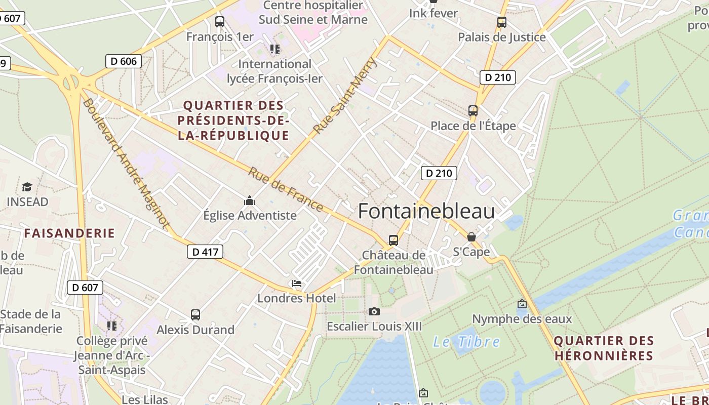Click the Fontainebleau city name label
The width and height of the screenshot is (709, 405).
coord(426,211)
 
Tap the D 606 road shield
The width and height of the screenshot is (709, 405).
coord(124,62)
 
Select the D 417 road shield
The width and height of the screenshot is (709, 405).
coord(205,252)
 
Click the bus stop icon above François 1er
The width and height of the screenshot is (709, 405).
coord(220,22)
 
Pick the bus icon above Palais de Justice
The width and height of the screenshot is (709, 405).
coord(502,22)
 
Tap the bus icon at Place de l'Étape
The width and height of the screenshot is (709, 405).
coord(473,111)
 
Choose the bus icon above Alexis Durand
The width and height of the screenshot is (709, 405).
coord(195,315)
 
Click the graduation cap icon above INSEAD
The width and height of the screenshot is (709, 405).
coord(27,187)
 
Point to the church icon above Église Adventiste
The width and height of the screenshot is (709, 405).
coord(250,201)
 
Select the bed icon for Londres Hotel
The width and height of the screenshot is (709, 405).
coord(297,283)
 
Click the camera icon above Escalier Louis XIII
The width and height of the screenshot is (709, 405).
coord(374,311)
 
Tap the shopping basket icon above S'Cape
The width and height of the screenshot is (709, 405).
coord(471,237)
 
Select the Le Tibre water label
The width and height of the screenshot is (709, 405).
coord(466,342)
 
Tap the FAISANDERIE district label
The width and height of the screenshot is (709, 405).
coord(70,233)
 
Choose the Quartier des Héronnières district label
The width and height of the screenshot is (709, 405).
coord(604,348)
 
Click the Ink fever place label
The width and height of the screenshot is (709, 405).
coord(434,13)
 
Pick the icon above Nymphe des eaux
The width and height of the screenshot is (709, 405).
coord(522,304)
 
